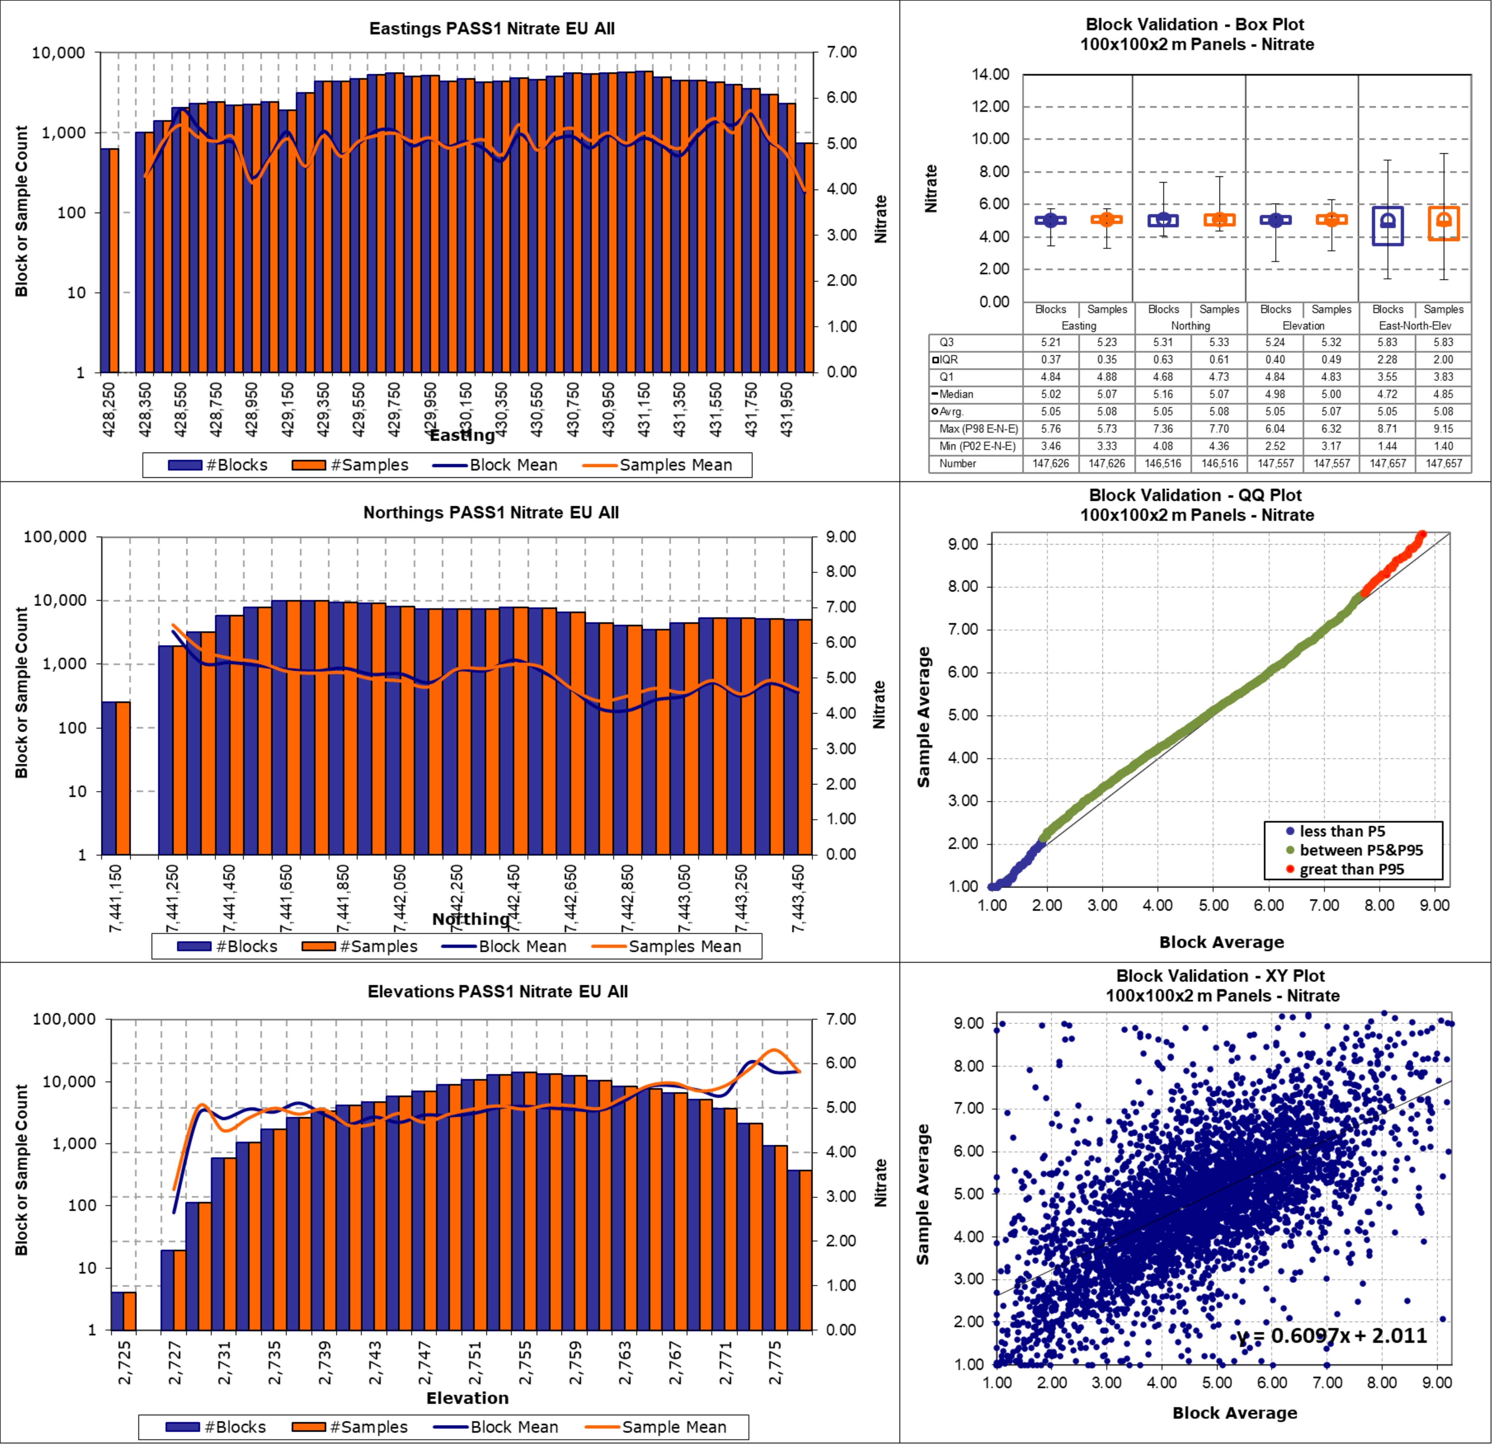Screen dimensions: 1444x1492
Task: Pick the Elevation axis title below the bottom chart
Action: coord(467,1398)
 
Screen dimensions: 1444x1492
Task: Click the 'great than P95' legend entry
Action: coord(1351,869)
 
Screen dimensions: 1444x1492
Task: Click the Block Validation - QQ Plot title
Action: coord(1196,496)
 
